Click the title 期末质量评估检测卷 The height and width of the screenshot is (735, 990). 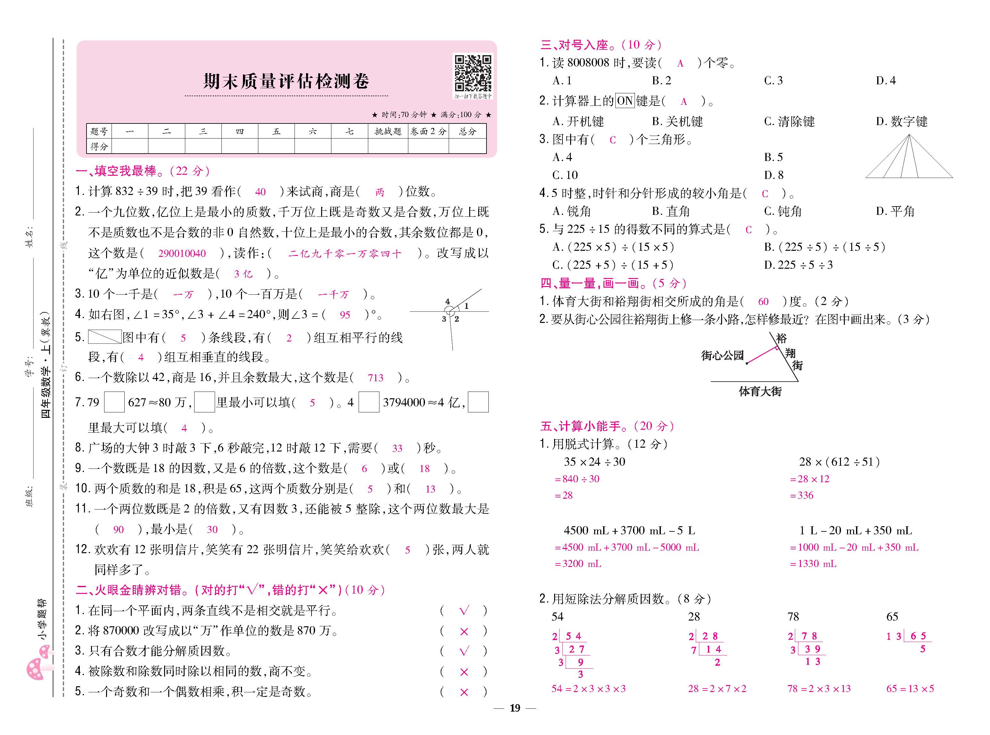[286, 81]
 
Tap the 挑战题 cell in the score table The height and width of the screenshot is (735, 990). [388, 131]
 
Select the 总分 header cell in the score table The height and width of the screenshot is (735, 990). [467, 131]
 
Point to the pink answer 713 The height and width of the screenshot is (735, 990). [375, 378]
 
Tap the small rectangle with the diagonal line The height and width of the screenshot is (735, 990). [104, 337]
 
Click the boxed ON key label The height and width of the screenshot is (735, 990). [625, 101]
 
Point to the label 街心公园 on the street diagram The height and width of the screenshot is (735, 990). [722, 356]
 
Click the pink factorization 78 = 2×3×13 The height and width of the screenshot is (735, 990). [819, 689]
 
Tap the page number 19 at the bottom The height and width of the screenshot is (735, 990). [515, 708]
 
